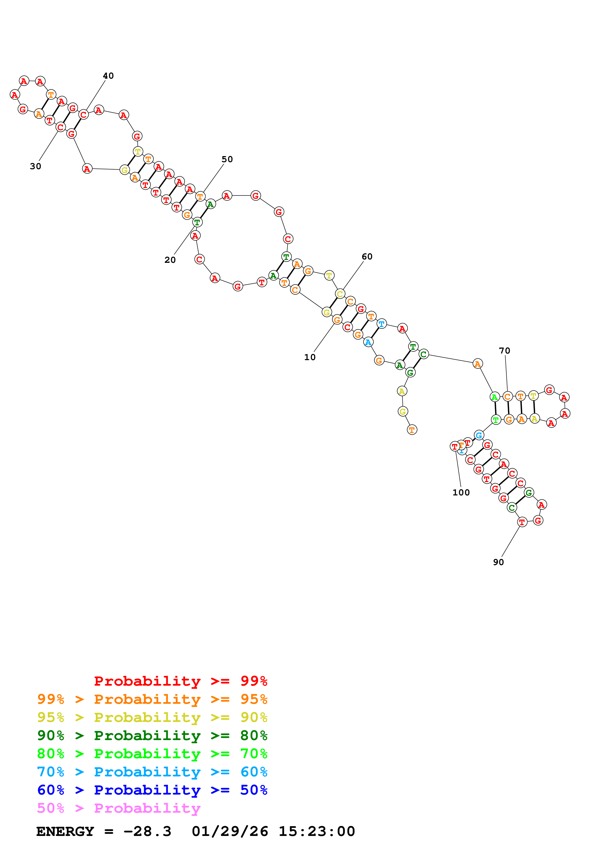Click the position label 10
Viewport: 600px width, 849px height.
click(x=310, y=357)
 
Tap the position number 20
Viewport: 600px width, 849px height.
click(x=170, y=260)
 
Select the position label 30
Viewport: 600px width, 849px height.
click(x=36, y=167)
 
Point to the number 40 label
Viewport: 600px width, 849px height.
click(x=108, y=76)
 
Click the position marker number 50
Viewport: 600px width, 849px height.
click(x=227, y=159)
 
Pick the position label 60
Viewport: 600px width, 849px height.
click(x=367, y=257)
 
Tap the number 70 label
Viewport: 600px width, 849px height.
click(x=505, y=350)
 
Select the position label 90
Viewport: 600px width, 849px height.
click(x=498, y=562)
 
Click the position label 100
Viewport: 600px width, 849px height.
click(x=461, y=493)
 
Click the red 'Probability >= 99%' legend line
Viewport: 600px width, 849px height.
click(x=181, y=681)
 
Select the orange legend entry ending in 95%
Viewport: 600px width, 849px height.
click(x=152, y=699)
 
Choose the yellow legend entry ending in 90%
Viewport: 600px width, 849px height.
click(x=152, y=717)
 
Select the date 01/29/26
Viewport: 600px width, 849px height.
click(x=230, y=831)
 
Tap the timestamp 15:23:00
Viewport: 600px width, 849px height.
click(x=317, y=831)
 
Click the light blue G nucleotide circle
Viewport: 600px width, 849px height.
click(x=479, y=435)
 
